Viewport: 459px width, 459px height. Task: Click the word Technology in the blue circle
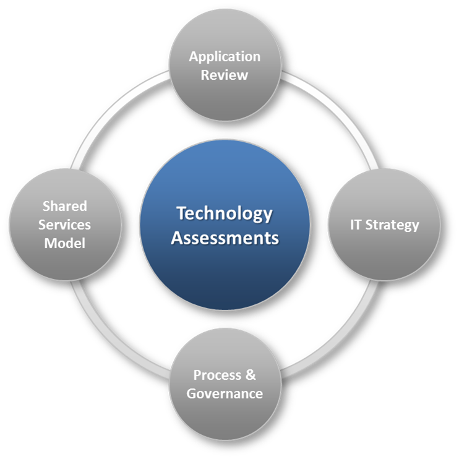pos(224,213)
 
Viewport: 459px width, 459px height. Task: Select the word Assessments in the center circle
pos(225,238)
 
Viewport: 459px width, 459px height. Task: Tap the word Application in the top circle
pos(225,57)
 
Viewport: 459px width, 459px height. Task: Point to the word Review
pos(225,75)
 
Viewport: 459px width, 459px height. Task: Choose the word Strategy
pos(392,225)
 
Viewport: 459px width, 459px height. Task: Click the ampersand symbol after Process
pos(250,375)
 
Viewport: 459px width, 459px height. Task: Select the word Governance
pos(225,393)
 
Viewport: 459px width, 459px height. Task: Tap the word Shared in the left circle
pos(64,206)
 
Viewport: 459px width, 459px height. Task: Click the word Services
pos(64,225)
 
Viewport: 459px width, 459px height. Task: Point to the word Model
pos(64,243)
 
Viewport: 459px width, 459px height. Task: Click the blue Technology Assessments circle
pos(225,272)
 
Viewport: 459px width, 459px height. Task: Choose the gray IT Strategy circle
pos(384,254)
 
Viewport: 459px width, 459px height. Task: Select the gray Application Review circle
pos(225,99)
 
